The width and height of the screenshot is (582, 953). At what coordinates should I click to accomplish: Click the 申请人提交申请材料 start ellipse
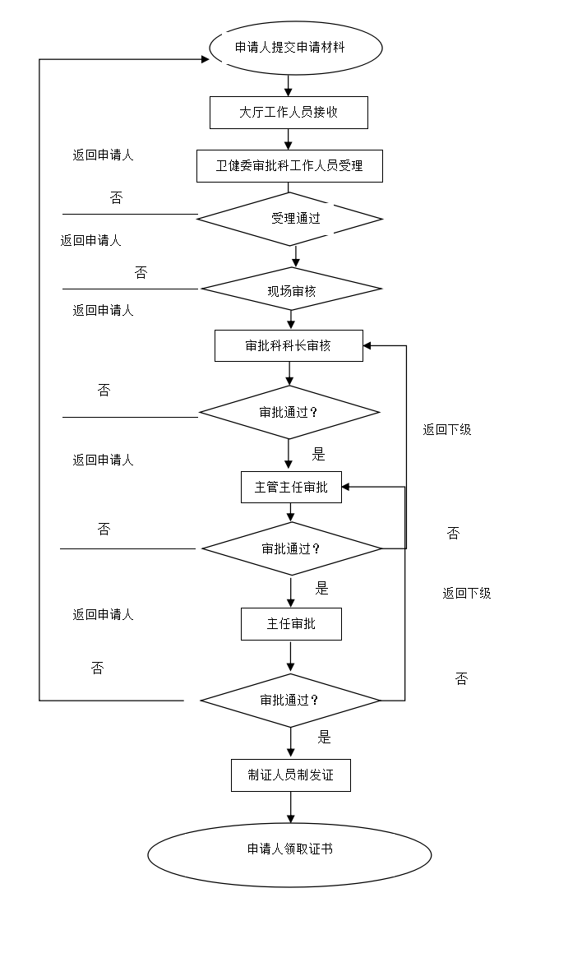(296, 48)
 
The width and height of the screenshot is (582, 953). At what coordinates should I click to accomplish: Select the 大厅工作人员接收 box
(289, 113)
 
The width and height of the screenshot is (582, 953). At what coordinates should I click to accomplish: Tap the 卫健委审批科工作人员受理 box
(289, 165)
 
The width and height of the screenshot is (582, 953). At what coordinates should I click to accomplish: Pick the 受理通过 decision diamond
(290, 219)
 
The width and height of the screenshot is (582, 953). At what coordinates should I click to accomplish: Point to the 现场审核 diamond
(291, 289)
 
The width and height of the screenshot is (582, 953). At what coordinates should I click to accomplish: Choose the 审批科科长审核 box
(289, 345)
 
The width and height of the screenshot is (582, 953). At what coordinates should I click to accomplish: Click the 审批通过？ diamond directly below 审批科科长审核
(289, 412)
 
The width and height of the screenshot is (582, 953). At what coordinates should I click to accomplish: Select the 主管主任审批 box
(291, 487)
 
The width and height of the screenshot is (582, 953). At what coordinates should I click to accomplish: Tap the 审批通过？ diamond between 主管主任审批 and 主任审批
(292, 548)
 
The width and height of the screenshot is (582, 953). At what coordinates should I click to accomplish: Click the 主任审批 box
(291, 624)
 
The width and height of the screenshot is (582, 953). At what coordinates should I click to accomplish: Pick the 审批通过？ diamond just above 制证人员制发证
(290, 701)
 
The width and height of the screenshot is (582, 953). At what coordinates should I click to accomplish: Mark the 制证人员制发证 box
(291, 775)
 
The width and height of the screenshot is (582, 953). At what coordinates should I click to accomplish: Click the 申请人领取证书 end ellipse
(289, 854)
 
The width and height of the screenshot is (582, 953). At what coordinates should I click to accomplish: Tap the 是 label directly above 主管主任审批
(326, 454)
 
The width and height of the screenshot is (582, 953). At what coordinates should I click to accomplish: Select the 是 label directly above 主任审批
(329, 588)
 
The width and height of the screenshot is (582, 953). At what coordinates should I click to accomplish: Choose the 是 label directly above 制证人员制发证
(331, 738)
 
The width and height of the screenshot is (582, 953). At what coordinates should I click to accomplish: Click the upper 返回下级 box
(450, 435)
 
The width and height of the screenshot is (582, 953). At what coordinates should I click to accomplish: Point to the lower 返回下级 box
(469, 598)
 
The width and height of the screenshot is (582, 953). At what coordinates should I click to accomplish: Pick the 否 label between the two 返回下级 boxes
(460, 534)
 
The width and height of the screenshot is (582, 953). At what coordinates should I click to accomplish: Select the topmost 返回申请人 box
(104, 160)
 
